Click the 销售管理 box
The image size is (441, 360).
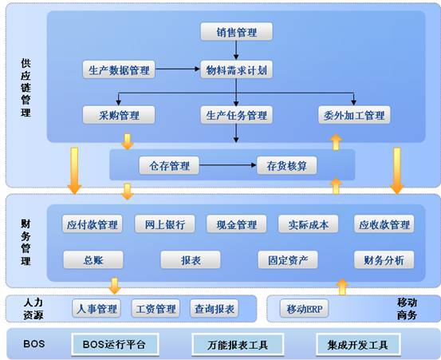pos(236,31)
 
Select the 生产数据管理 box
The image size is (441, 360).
pos(119,69)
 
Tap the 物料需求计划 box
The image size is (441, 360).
pos(236,69)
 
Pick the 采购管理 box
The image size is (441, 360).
pos(119,115)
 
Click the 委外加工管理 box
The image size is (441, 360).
pos(354,115)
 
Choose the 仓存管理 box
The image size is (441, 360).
pos(169,165)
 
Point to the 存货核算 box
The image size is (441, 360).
pos(286,165)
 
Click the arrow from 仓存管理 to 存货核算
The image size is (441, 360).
pos(228,165)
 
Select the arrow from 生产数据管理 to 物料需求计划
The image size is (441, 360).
pos(178,69)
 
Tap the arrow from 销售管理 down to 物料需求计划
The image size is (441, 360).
pos(236,50)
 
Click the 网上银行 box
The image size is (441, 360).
pos(165,224)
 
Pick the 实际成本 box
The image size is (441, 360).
pos(308,224)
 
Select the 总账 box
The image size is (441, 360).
pos(93,259)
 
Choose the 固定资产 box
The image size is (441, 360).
pos(288,259)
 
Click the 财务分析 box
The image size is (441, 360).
pos(384,259)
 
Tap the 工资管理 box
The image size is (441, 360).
pos(156,308)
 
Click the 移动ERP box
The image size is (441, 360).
pos(304,308)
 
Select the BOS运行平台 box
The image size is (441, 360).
pos(115,344)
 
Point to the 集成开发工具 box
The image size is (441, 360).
pos(358,344)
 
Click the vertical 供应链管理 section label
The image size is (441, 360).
pos(26,88)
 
